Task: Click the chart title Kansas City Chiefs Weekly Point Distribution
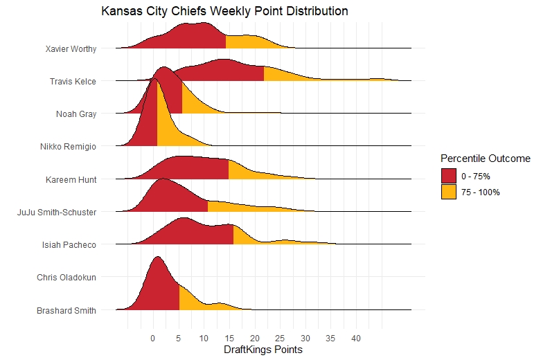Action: [x=224, y=12]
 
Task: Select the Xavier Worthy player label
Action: [x=71, y=49]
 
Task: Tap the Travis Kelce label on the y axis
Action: [x=73, y=82]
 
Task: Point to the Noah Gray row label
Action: [x=76, y=114]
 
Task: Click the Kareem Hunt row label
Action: [x=71, y=179]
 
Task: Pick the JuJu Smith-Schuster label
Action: [x=57, y=212]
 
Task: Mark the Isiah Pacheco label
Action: [x=69, y=244]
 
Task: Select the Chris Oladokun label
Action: [x=66, y=277]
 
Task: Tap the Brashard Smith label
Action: [x=66, y=311]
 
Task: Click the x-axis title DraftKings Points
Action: [x=263, y=350]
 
